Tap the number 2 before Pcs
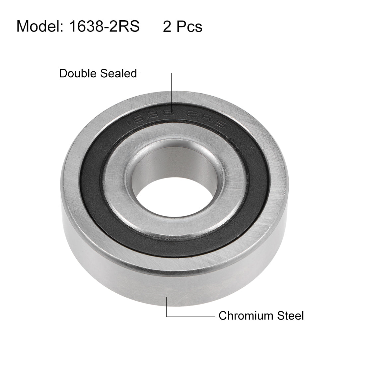coord(167,26)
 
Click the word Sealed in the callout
coord(120,73)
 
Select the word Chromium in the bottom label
coord(244,316)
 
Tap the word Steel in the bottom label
coord(288,316)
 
